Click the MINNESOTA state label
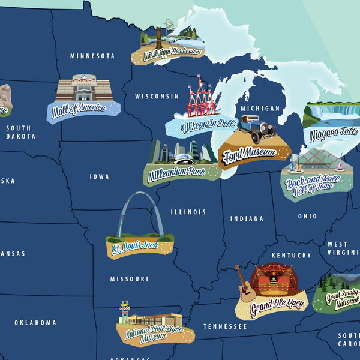pos(92,56)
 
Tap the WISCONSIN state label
pos(157,96)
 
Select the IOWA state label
pos(100,177)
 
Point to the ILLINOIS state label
pos(188,212)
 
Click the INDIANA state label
pos(247,218)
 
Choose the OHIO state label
pos(307,216)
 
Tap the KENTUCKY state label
pos(292,256)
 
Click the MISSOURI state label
pos(129,279)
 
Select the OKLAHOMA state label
pos(35,323)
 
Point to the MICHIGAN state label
pos(260,109)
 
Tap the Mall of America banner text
pos(79,109)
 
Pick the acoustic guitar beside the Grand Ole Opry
pos(246,287)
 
